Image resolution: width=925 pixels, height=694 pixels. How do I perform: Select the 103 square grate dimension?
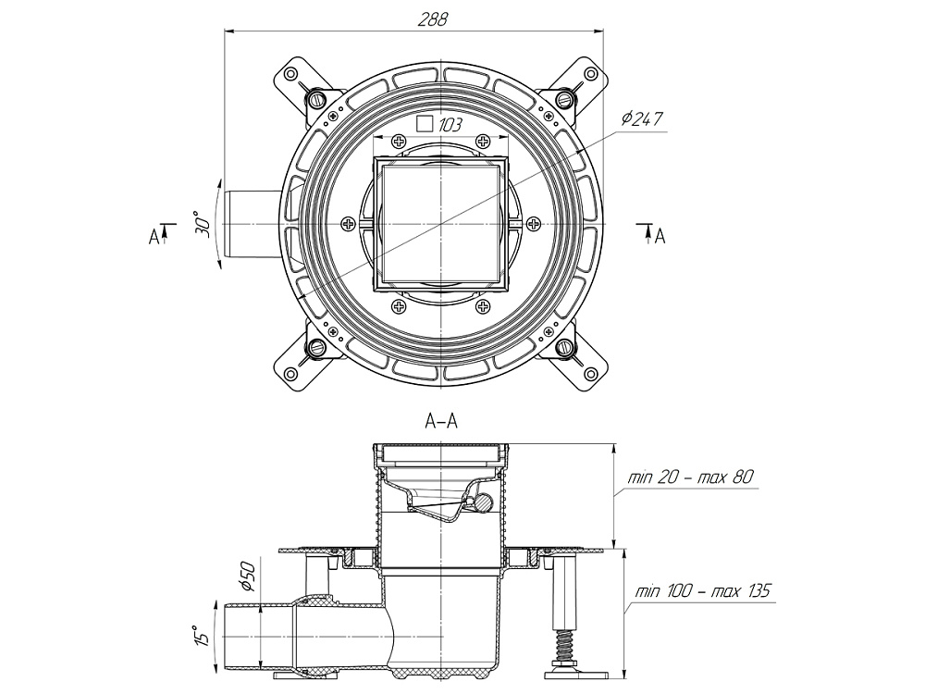(450, 123)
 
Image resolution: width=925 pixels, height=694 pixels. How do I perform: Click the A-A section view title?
(440, 422)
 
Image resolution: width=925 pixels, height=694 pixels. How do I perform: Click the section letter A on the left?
(154, 237)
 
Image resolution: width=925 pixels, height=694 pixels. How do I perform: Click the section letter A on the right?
(660, 237)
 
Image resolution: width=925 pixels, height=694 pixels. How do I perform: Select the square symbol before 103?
(425, 123)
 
